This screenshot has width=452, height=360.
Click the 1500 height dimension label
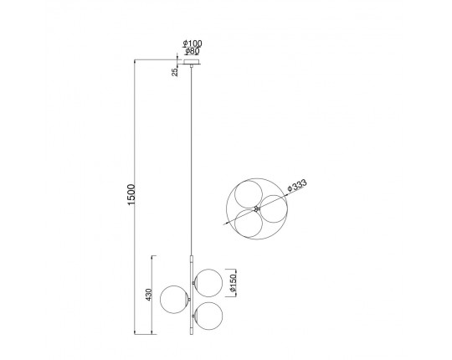(x=131, y=194)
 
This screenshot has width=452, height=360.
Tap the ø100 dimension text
(x=193, y=44)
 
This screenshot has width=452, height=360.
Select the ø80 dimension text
(x=193, y=51)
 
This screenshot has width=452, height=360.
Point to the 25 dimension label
(x=175, y=72)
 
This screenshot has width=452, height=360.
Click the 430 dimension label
(x=148, y=295)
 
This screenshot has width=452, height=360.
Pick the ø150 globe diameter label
(x=233, y=282)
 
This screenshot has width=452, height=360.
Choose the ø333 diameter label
(x=297, y=185)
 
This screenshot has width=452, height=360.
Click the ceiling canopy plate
(x=192, y=62)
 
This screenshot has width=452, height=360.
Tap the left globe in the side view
(x=174, y=300)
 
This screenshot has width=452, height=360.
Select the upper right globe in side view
(x=208, y=283)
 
